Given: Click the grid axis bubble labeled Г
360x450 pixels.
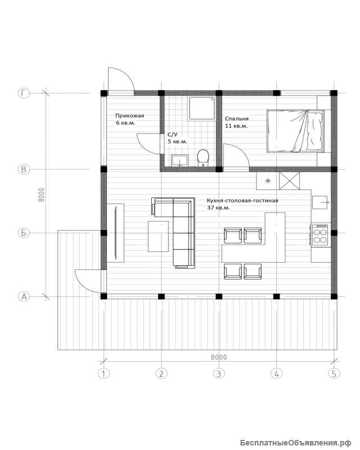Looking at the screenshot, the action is (x=24, y=93).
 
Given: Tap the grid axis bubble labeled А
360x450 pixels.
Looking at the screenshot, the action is (x=24, y=296).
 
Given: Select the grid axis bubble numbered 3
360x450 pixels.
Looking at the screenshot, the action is (x=219, y=373).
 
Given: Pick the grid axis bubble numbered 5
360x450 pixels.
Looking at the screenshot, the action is (x=334, y=373).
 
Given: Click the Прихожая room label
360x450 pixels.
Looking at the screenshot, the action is (x=129, y=116).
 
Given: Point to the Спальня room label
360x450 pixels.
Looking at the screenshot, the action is (x=237, y=119).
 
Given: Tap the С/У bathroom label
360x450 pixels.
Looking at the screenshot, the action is (x=173, y=134).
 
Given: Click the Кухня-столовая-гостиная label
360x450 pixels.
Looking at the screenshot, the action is (x=242, y=200).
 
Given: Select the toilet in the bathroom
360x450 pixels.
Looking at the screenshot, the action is (x=203, y=157).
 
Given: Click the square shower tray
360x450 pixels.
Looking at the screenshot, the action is (x=202, y=108).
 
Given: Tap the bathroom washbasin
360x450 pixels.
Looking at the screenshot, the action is (x=179, y=161).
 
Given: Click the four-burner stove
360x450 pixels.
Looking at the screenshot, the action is (x=320, y=235).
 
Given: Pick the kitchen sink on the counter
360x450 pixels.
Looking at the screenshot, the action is (x=320, y=202).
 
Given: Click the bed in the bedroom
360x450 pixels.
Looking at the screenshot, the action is (x=296, y=131).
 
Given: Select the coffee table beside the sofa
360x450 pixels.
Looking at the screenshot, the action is (x=158, y=236).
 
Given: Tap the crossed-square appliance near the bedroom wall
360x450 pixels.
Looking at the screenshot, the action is (x=289, y=181).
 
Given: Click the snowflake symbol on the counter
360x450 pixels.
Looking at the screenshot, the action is (x=268, y=181).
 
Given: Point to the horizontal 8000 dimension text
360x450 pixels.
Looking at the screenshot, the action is (x=219, y=357).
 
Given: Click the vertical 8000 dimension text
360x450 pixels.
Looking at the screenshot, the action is (x=42, y=195).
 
